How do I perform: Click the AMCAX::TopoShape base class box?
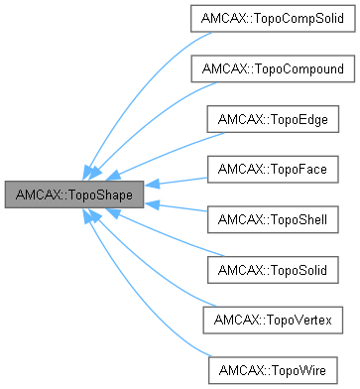(x=74, y=194)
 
